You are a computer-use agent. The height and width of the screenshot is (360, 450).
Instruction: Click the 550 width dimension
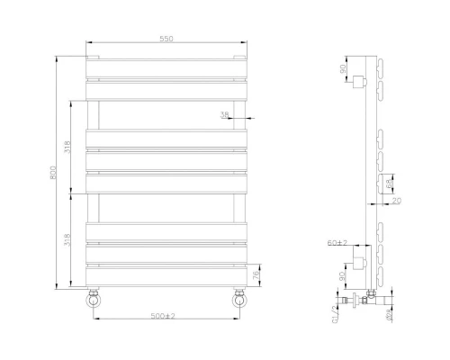point(166,38)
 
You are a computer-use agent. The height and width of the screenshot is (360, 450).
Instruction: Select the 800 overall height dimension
point(54,171)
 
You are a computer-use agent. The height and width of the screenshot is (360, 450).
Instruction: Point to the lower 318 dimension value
point(68,240)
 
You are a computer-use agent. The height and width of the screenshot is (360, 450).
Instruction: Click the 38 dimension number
point(225,114)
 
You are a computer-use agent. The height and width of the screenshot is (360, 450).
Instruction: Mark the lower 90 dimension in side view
point(343,277)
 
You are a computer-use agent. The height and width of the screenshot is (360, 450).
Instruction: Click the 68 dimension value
point(389,185)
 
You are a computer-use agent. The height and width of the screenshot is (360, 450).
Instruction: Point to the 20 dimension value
point(397,202)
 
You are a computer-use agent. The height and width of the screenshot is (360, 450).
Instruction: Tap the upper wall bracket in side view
point(360,83)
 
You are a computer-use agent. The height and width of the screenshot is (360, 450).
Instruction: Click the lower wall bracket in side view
point(360,262)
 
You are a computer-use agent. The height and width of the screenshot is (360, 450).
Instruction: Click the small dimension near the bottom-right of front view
point(257,274)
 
